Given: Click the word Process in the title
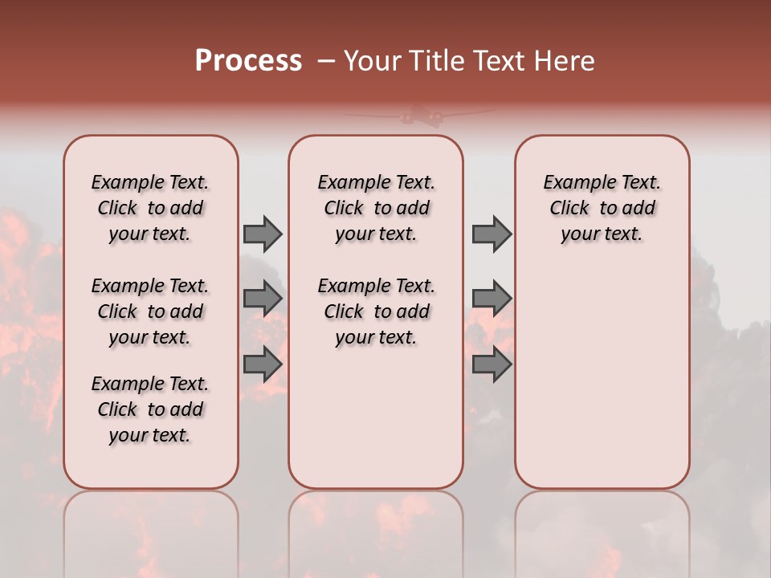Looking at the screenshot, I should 248,61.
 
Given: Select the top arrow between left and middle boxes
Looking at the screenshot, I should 263,234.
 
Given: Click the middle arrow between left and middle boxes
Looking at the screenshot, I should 263,299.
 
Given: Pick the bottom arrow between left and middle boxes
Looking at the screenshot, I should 263,364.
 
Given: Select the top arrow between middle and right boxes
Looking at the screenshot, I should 492,234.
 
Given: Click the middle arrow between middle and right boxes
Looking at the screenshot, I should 492,299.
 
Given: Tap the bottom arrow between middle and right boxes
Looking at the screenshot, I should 492,364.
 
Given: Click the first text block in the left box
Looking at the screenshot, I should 150,208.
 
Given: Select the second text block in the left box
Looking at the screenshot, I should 150,311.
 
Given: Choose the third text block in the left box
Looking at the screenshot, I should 150,409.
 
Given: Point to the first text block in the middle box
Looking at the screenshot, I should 376,208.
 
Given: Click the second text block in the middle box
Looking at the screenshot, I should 376,311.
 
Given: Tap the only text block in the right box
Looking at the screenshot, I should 602,208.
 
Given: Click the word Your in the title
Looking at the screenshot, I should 373,61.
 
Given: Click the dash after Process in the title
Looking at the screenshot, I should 325,61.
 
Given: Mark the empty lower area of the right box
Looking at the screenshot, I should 602,377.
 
